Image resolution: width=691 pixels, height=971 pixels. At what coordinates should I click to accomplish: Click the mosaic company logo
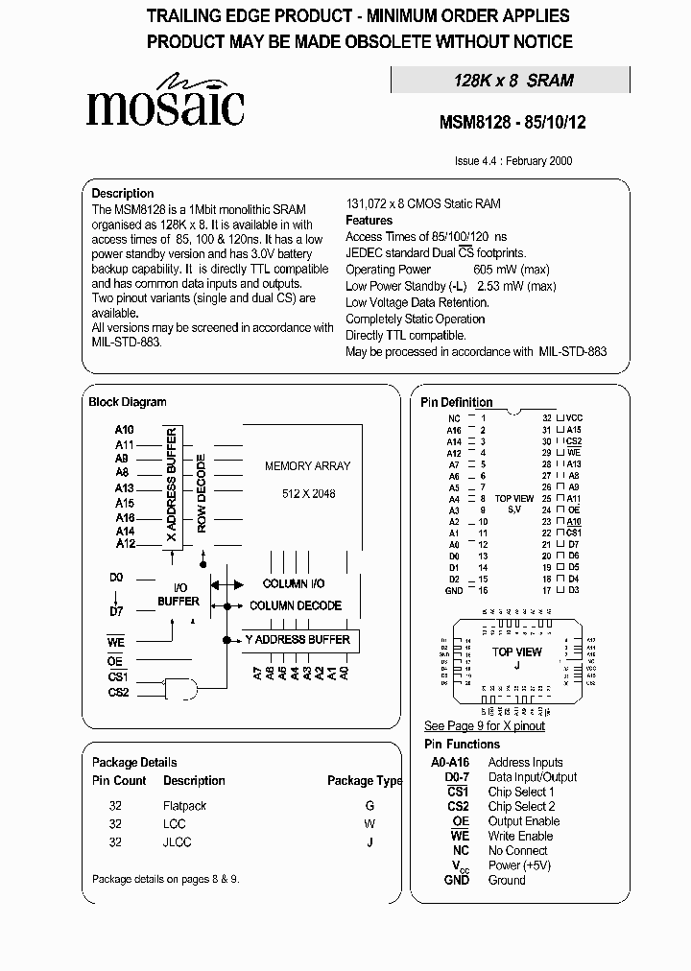(x=164, y=102)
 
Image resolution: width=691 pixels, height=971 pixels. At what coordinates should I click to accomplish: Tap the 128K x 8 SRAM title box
(x=512, y=81)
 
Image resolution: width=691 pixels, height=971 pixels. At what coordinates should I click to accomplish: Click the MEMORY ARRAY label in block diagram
(x=307, y=466)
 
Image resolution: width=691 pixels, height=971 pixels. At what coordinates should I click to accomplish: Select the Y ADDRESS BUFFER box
(x=298, y=640)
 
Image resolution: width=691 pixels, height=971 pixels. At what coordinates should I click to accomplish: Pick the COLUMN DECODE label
(x=296, y=605)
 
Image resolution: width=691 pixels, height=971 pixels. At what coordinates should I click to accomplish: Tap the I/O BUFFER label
(x=179, y=595)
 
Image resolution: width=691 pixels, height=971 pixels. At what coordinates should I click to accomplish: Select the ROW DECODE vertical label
(x=202, y=493)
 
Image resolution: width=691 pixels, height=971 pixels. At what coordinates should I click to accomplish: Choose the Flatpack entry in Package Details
(x=184, y=806)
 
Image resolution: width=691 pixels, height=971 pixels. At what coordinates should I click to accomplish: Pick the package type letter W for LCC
(x=369, y=824)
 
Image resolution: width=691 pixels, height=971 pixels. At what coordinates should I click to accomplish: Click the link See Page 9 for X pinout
(x=485, y=726)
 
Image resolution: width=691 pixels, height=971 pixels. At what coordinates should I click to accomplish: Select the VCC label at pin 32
(x=575, y=419)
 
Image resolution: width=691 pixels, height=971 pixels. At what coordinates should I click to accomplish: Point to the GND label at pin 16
(x=454, y=590)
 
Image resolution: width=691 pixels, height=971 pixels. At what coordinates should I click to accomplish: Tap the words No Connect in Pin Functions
(x=517, y=850)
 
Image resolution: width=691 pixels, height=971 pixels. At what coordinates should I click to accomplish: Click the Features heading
(x=369, y=221)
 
